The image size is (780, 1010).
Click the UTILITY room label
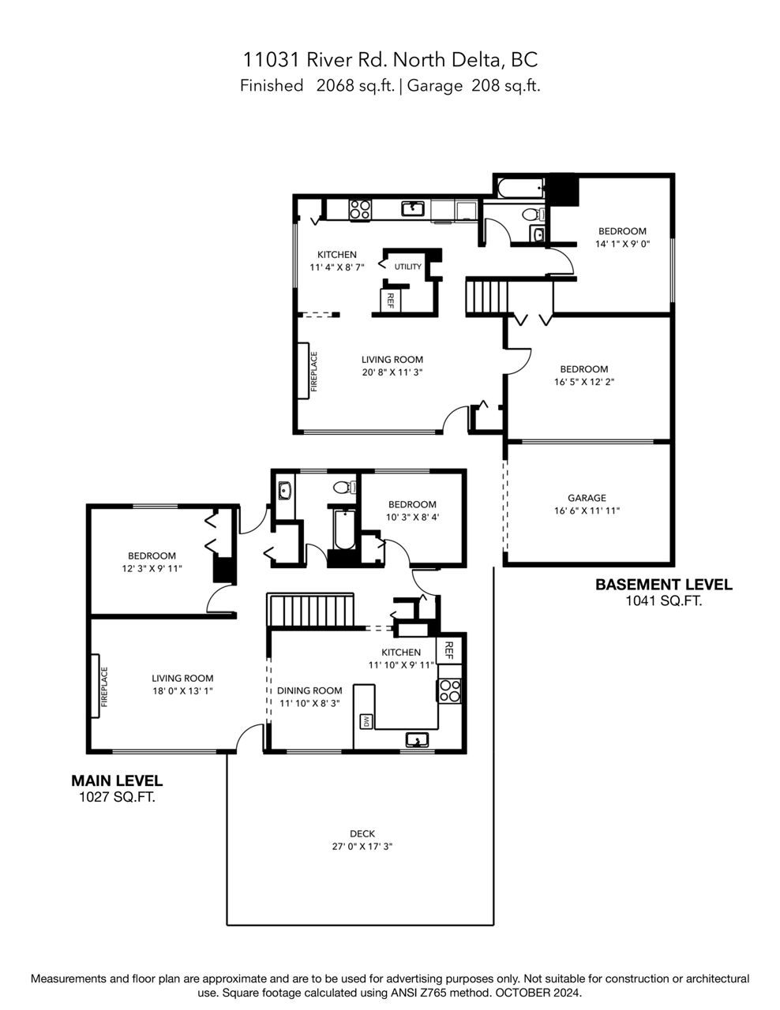tap(407, 267)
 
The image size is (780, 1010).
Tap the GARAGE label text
tap(587, 498)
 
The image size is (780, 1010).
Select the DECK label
tap(362, 834)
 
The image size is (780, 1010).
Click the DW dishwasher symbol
tap(366, 721)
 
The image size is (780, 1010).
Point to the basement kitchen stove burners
tap(360, 209)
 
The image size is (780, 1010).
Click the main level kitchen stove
tap(448, 690)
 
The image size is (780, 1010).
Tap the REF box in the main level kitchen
tap(448, 649)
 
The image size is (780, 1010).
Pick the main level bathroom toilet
tap(344, 487)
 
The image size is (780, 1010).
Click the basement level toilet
tap(533, 215)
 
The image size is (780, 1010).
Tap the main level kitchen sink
tap(417, 739)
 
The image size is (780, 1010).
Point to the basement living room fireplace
tap(303, 371)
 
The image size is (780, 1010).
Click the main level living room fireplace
tap(96, 686)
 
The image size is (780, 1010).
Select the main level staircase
tap(310, 609)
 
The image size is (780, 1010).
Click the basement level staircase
tap(487, 297)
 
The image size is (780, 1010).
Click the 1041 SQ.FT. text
tap(663, 601)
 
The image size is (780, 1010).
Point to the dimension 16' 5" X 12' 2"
tap(584, 382)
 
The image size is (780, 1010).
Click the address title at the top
tap(391, 59)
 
